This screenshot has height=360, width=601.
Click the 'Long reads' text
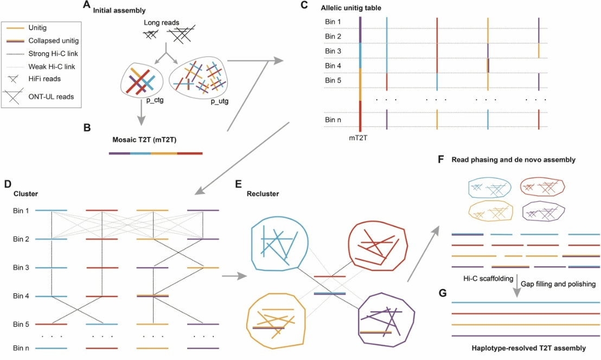tap(161, 23)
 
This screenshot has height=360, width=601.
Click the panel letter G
tap(443, 293)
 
